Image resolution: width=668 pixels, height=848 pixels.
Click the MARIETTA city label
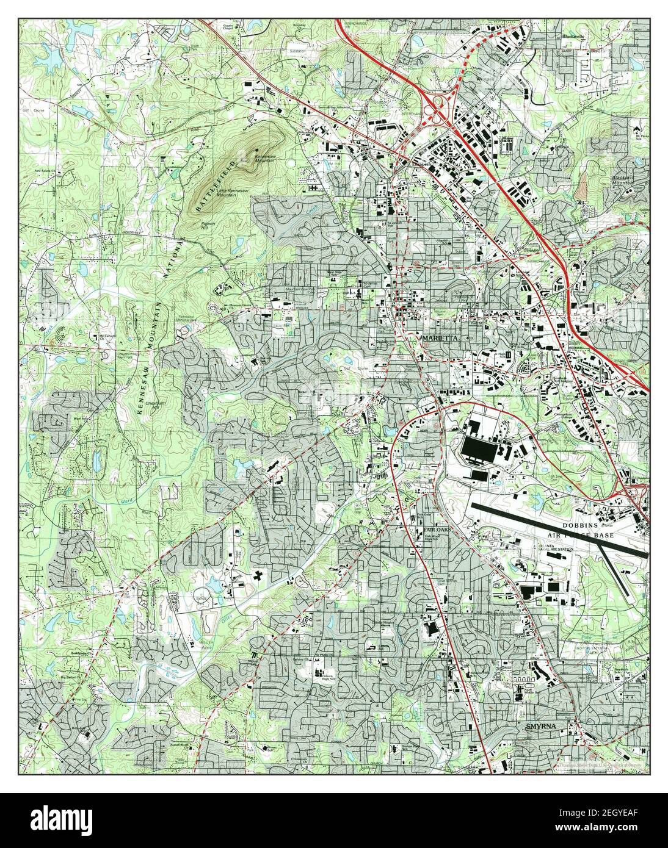[438, 337]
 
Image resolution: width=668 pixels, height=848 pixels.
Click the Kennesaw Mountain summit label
[269, 158]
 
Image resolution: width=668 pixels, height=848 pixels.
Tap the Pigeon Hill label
[208, 225]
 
